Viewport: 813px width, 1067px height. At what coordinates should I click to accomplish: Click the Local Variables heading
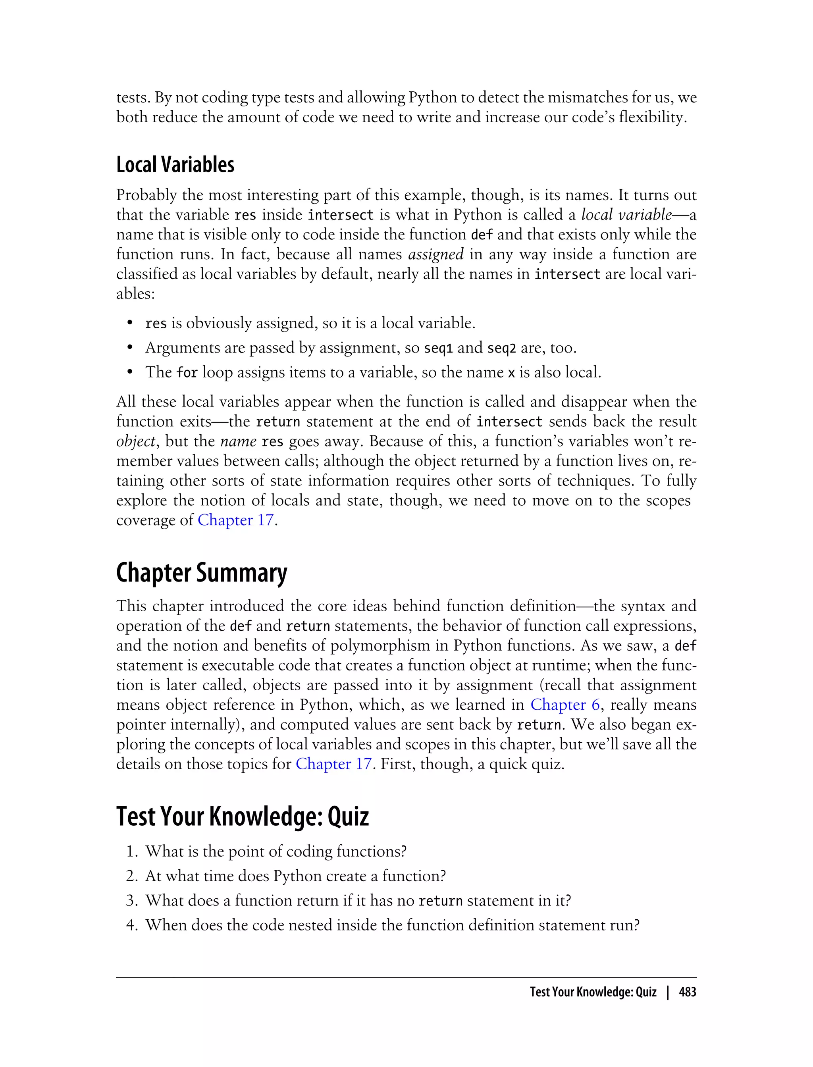(x=175, y=165)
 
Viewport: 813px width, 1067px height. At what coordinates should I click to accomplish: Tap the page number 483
(x=687, y=992)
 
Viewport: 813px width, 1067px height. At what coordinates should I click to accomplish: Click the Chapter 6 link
(x=565, y=705)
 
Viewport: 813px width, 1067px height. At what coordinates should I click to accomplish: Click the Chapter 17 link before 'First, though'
(x=333, y=764)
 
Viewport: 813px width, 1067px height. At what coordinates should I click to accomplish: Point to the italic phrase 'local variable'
(x=626, y=214)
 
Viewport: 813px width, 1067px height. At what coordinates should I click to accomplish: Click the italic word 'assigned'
(x=435, y=254)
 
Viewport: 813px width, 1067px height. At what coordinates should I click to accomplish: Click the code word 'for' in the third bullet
(x=187, y=373)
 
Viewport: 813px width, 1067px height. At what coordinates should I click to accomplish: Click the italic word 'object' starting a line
(x=135, y=441)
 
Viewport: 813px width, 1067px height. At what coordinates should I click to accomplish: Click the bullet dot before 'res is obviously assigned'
(x=130, y=323)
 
